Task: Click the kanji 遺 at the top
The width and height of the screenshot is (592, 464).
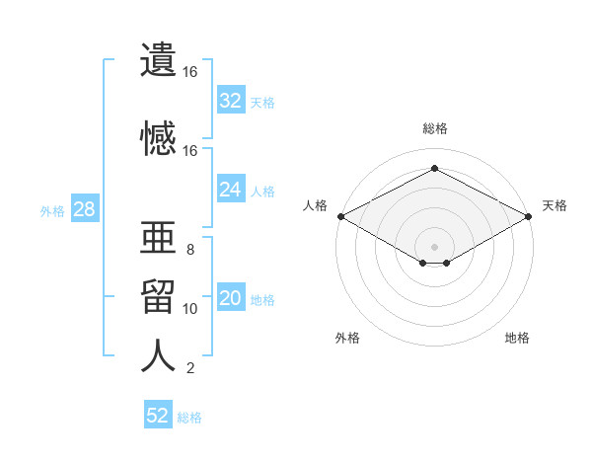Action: [158, 59]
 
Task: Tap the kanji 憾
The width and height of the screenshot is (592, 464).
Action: [158, 138]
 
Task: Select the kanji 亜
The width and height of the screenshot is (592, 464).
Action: [158, 237]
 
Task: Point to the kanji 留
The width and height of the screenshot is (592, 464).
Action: [158, 296]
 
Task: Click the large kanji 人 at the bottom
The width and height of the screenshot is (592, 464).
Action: [158, 355]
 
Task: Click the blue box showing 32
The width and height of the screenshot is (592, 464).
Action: [231, 100]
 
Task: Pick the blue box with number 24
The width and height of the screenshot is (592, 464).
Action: [231, 189]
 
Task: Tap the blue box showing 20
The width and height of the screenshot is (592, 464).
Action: [231, 296]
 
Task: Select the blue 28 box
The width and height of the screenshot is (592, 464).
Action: [85, 208]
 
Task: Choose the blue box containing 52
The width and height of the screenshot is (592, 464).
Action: [158, 414]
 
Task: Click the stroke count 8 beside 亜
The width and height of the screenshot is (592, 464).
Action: [190, 250]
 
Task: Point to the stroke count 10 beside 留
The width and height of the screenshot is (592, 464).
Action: [189, 309]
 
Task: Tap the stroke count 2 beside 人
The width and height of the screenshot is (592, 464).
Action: [190, 368]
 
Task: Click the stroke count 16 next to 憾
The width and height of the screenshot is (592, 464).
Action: [189, 151]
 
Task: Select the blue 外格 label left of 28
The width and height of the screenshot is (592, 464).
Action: [52, 211]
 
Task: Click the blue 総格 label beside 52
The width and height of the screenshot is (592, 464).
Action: [189, 418]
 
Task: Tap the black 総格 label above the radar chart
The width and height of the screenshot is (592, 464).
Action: [435, 128]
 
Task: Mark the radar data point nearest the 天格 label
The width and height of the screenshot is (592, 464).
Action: [529, 216]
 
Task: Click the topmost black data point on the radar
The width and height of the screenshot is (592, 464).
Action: [434, 168]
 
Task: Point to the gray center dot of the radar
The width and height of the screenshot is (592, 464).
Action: [434, 247]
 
